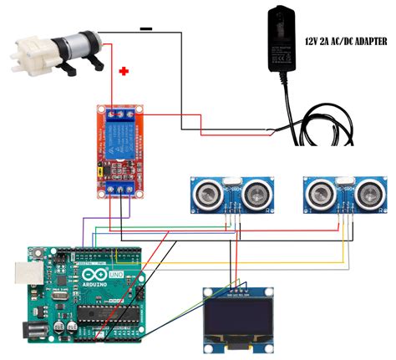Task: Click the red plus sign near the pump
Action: pos(124,72)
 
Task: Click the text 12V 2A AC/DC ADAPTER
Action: pos(340,38)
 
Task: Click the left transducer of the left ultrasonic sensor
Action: pos(206,195)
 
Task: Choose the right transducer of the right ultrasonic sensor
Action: pos(365,195)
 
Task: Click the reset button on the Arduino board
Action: pos(37,252)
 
